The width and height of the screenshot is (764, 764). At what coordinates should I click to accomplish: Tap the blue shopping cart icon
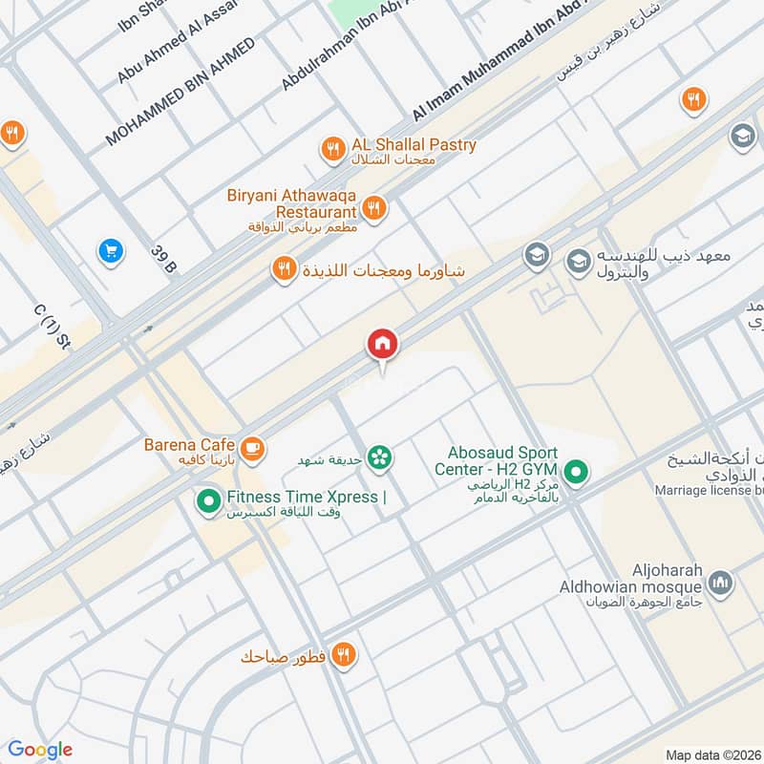click(111, 251)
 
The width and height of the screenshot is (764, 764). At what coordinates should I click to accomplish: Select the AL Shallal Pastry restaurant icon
click(332, 147)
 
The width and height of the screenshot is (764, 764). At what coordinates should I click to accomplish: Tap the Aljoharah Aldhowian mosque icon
click(721, 582)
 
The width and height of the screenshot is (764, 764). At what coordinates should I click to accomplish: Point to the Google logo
click(41, 750)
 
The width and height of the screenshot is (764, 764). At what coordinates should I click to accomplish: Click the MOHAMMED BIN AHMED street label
click(180, 93)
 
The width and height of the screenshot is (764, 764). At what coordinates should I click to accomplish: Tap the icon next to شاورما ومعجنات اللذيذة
click(284, 270)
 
